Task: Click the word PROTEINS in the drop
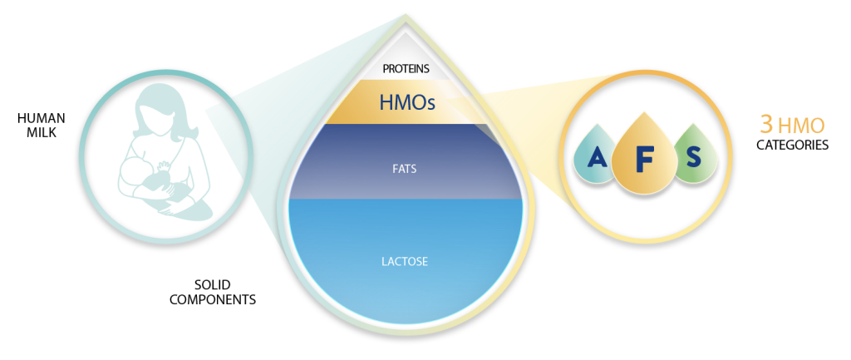click(x=406, y=68)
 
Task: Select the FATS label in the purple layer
click(x=406, y=169)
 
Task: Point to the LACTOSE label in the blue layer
click(x=406, y=261)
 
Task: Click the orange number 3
click(x=767, y=124)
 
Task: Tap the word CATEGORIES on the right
click(x=792, y=145)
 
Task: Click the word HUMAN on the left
click(x=42, y=118)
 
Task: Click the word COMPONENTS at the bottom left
click(x=212, y=298)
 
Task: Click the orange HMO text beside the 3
click(x=803, y=125)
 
